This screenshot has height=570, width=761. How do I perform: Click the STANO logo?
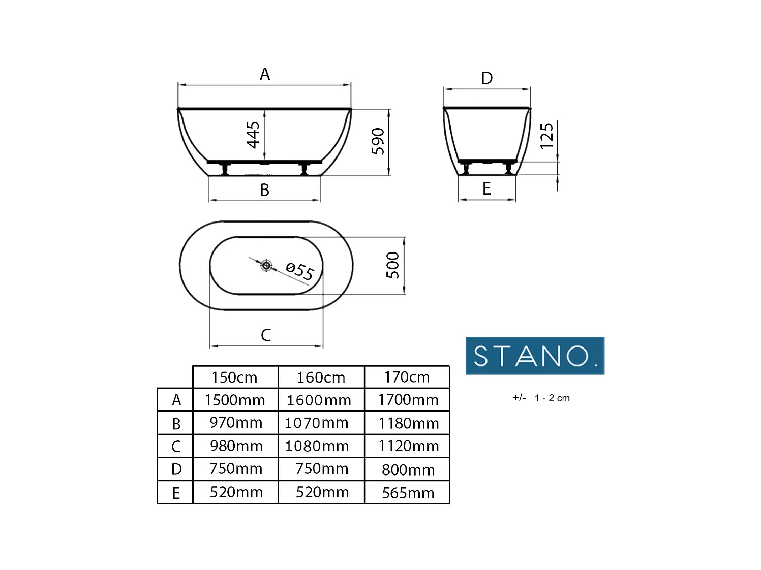[535, 356]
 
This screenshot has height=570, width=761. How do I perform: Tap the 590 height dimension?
[378, 141]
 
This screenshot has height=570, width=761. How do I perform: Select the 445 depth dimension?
[253, 135]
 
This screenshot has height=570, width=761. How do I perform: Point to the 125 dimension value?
[546, 136]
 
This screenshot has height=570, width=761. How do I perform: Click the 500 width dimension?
[392, 265]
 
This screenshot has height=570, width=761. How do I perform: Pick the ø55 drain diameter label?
[300, 271]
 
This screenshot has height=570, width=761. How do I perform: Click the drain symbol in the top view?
[266, 265]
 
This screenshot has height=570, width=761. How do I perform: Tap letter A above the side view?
[265, 75]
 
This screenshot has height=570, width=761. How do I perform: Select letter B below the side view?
[265, 190]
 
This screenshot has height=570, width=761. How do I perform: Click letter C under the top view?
[266, 335]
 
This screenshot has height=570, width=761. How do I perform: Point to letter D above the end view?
[487, 78]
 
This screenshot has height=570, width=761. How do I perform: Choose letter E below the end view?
[486, 189]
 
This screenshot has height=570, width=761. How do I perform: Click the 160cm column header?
[321, 377]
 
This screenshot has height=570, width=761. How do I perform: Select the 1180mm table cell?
[408, 423]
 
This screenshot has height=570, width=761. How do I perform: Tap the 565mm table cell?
[408, 493]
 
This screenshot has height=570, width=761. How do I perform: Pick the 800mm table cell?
[408, 470]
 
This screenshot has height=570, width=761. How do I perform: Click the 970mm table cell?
[236, 423]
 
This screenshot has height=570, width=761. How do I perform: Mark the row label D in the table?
[176, 469]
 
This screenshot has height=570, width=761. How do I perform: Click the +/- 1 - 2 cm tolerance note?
[541, 398]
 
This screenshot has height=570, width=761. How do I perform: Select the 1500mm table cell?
[235, 400]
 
